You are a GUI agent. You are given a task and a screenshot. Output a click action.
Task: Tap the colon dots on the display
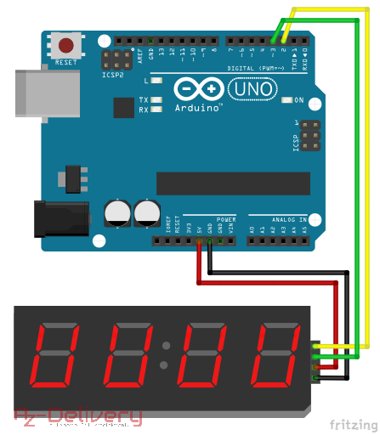click(x=167, y=355)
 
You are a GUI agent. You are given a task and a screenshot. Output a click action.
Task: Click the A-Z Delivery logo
click(x=77, y=415)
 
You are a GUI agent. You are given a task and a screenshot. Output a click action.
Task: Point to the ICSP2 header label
click(x=113, y=74)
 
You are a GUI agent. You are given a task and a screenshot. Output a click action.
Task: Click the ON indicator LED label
click(x=298, y=100)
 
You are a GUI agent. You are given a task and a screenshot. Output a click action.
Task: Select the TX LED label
click(x=144, y=100)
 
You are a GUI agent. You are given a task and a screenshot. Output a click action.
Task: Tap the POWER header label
click(x=226, y=218)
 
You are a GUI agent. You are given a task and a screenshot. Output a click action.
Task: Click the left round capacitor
click(x=117, y=212)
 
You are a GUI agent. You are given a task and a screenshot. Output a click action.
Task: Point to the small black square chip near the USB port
click(x=124, y=107)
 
